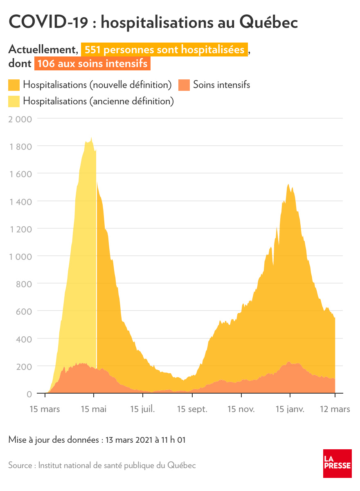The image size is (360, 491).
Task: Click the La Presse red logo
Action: tap(337, 463)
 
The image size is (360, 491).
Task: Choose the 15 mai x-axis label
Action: tap(94, 409)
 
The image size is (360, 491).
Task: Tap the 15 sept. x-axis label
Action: tap(192, 409)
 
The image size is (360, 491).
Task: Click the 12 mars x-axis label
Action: tap(335, 409)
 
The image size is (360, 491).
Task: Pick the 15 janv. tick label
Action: tap(290, 409)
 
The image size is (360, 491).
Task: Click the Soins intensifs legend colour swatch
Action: tap(184, 85)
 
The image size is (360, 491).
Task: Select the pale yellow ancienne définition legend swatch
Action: tap(14, 101)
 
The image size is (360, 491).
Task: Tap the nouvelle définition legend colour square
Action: tap(14, 85)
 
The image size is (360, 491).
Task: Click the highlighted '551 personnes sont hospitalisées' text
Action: tap(164, 50)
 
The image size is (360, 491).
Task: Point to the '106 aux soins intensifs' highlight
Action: tap(92, 64)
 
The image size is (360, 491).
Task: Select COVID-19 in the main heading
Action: tap(48, 23)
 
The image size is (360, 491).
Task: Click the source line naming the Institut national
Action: tap(102, 465)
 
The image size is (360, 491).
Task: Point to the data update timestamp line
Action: tap(97, 440)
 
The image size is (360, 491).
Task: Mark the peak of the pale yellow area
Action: tap(91, 137)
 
